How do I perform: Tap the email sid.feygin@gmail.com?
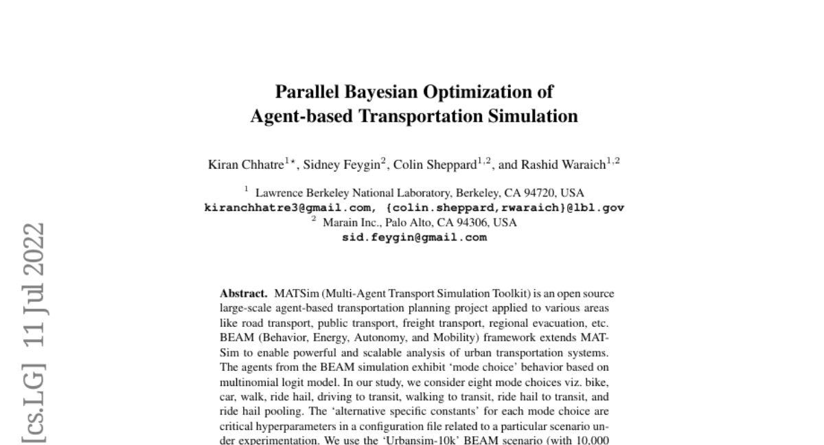414,238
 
